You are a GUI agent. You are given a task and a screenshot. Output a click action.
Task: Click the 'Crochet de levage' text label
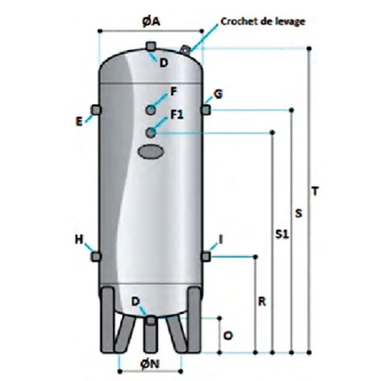point(262,21)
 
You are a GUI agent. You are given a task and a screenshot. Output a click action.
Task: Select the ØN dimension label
point(150,364)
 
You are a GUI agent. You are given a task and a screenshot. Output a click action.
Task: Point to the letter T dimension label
point(315,191)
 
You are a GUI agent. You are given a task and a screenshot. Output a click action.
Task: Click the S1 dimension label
point(282,235)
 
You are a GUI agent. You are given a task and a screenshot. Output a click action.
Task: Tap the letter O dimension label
point(228,336)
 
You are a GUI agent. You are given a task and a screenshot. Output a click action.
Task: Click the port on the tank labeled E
point(97,110)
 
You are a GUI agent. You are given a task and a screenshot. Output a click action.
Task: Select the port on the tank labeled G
point(206,110)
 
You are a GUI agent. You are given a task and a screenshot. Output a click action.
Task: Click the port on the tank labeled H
point(96,257)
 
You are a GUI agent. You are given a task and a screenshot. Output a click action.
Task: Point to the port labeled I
point(206,257)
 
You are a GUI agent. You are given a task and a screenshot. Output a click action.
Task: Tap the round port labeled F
point(151,110)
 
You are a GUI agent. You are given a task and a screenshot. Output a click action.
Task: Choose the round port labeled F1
point(151,132)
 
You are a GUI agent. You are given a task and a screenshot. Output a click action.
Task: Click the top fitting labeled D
point(151,46)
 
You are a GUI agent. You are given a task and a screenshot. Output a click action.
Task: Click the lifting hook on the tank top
point(185,49)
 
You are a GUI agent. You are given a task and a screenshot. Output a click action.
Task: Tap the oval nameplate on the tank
point(150,152)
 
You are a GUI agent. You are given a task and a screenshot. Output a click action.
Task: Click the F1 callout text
point(177,115)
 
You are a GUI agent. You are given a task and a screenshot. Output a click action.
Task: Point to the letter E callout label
point(79,121)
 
